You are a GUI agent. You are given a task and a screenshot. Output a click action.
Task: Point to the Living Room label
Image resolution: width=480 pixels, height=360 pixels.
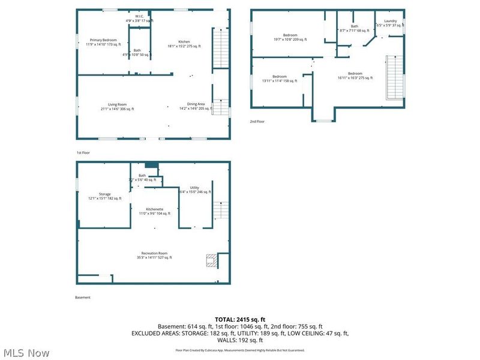[118, 106]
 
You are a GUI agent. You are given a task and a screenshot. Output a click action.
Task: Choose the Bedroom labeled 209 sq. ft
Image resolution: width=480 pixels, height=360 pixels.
[290, 37]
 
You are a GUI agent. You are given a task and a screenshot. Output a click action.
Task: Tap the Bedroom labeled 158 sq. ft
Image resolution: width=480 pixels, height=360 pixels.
[280, 79]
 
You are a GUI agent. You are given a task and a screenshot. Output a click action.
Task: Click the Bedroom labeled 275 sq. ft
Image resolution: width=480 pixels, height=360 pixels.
[355, 76]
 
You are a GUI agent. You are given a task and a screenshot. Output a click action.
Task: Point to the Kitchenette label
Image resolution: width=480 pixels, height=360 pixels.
[154, 211]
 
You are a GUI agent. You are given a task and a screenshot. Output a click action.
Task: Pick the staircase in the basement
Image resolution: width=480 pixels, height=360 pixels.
[221, 211]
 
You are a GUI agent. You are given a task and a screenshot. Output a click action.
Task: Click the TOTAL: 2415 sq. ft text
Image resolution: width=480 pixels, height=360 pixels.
[240, 319]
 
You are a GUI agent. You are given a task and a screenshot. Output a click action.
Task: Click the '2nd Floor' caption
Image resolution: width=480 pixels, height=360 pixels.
[257, 121]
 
